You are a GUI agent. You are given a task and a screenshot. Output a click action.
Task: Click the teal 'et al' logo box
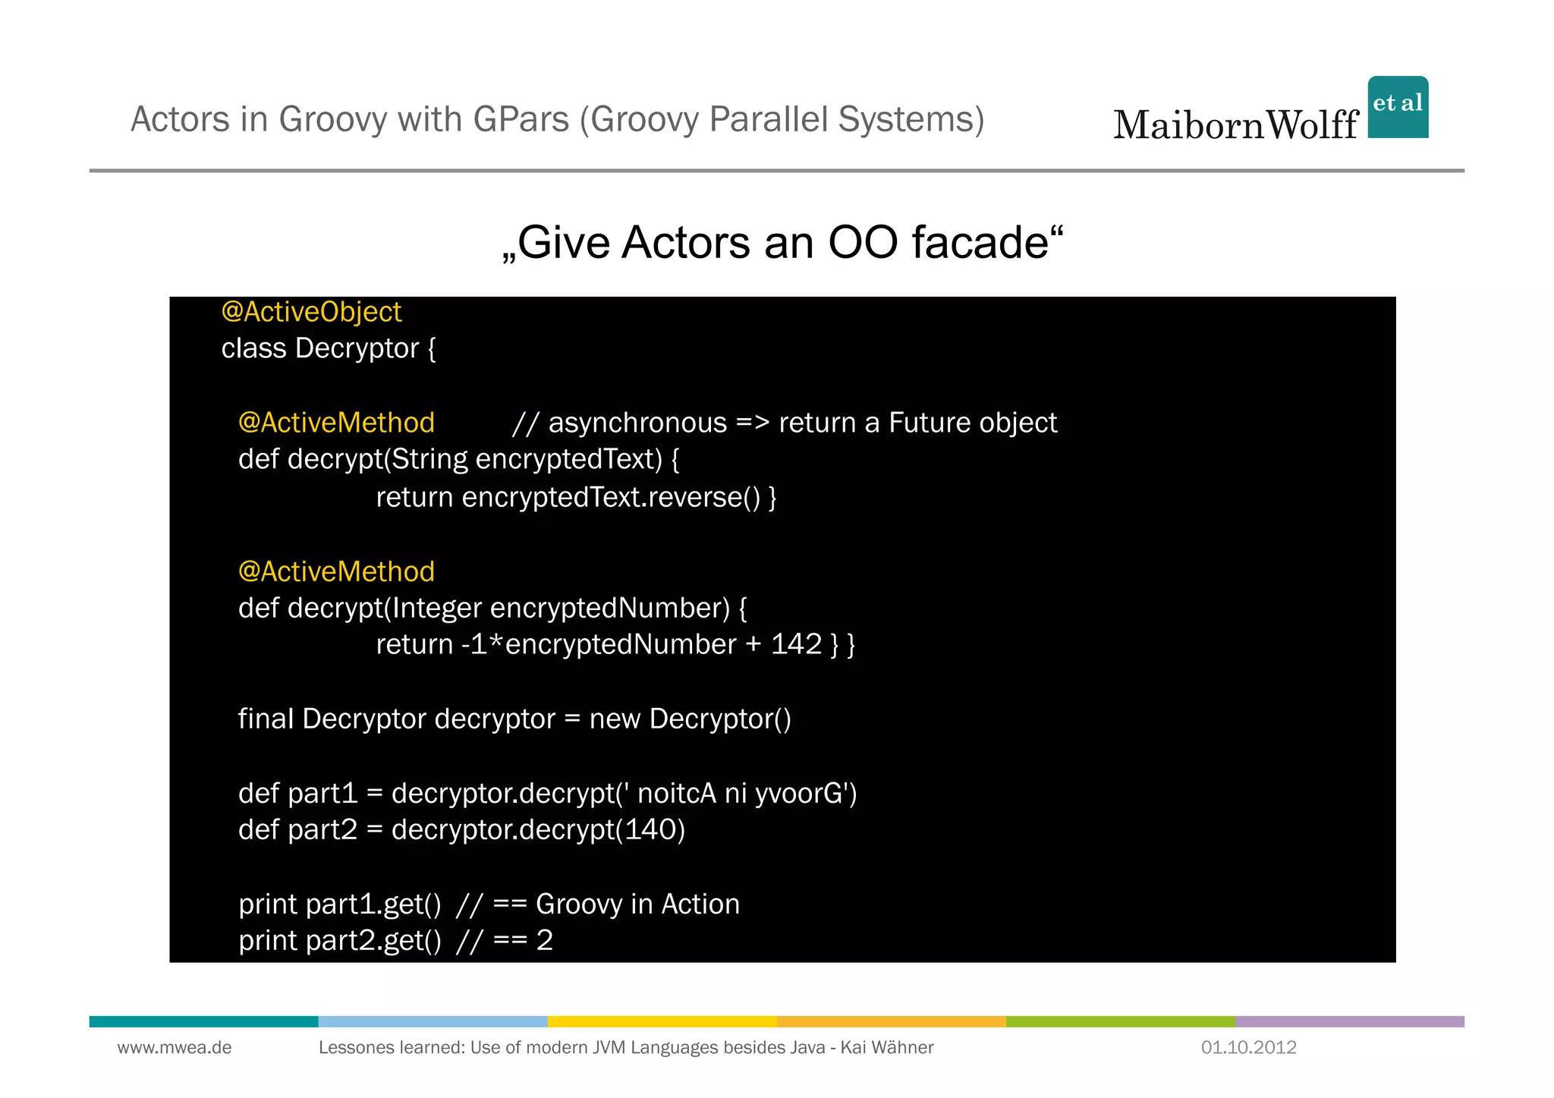(1398, 107)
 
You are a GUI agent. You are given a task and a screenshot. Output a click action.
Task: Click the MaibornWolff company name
(1235, 125)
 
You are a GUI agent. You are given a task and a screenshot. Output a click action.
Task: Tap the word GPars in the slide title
(521, 119)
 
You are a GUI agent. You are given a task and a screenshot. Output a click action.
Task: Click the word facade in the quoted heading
(980, 243)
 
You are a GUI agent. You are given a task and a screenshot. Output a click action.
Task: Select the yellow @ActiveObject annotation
(311, 312)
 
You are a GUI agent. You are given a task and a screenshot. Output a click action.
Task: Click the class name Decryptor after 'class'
(357, 348)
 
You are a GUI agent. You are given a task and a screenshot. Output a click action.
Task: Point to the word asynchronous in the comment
(637, 423)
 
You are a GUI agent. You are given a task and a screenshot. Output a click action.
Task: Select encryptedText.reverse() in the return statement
(611, 497)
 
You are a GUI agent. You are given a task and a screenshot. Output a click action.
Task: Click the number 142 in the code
(796, 644)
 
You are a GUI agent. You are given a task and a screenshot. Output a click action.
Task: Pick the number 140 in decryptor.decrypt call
(650, 829)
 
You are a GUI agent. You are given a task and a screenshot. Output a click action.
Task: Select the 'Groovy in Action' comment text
(637, 904)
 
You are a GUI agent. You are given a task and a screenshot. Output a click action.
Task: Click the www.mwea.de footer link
(175, 1047)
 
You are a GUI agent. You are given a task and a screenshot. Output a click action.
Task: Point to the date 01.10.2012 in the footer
(1248, 1047)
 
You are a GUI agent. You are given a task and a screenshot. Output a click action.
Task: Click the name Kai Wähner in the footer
(886, 1047)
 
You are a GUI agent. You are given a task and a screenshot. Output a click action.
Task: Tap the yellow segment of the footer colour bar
(662, 1021)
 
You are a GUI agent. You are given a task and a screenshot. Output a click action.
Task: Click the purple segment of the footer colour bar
(1349, 1021)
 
